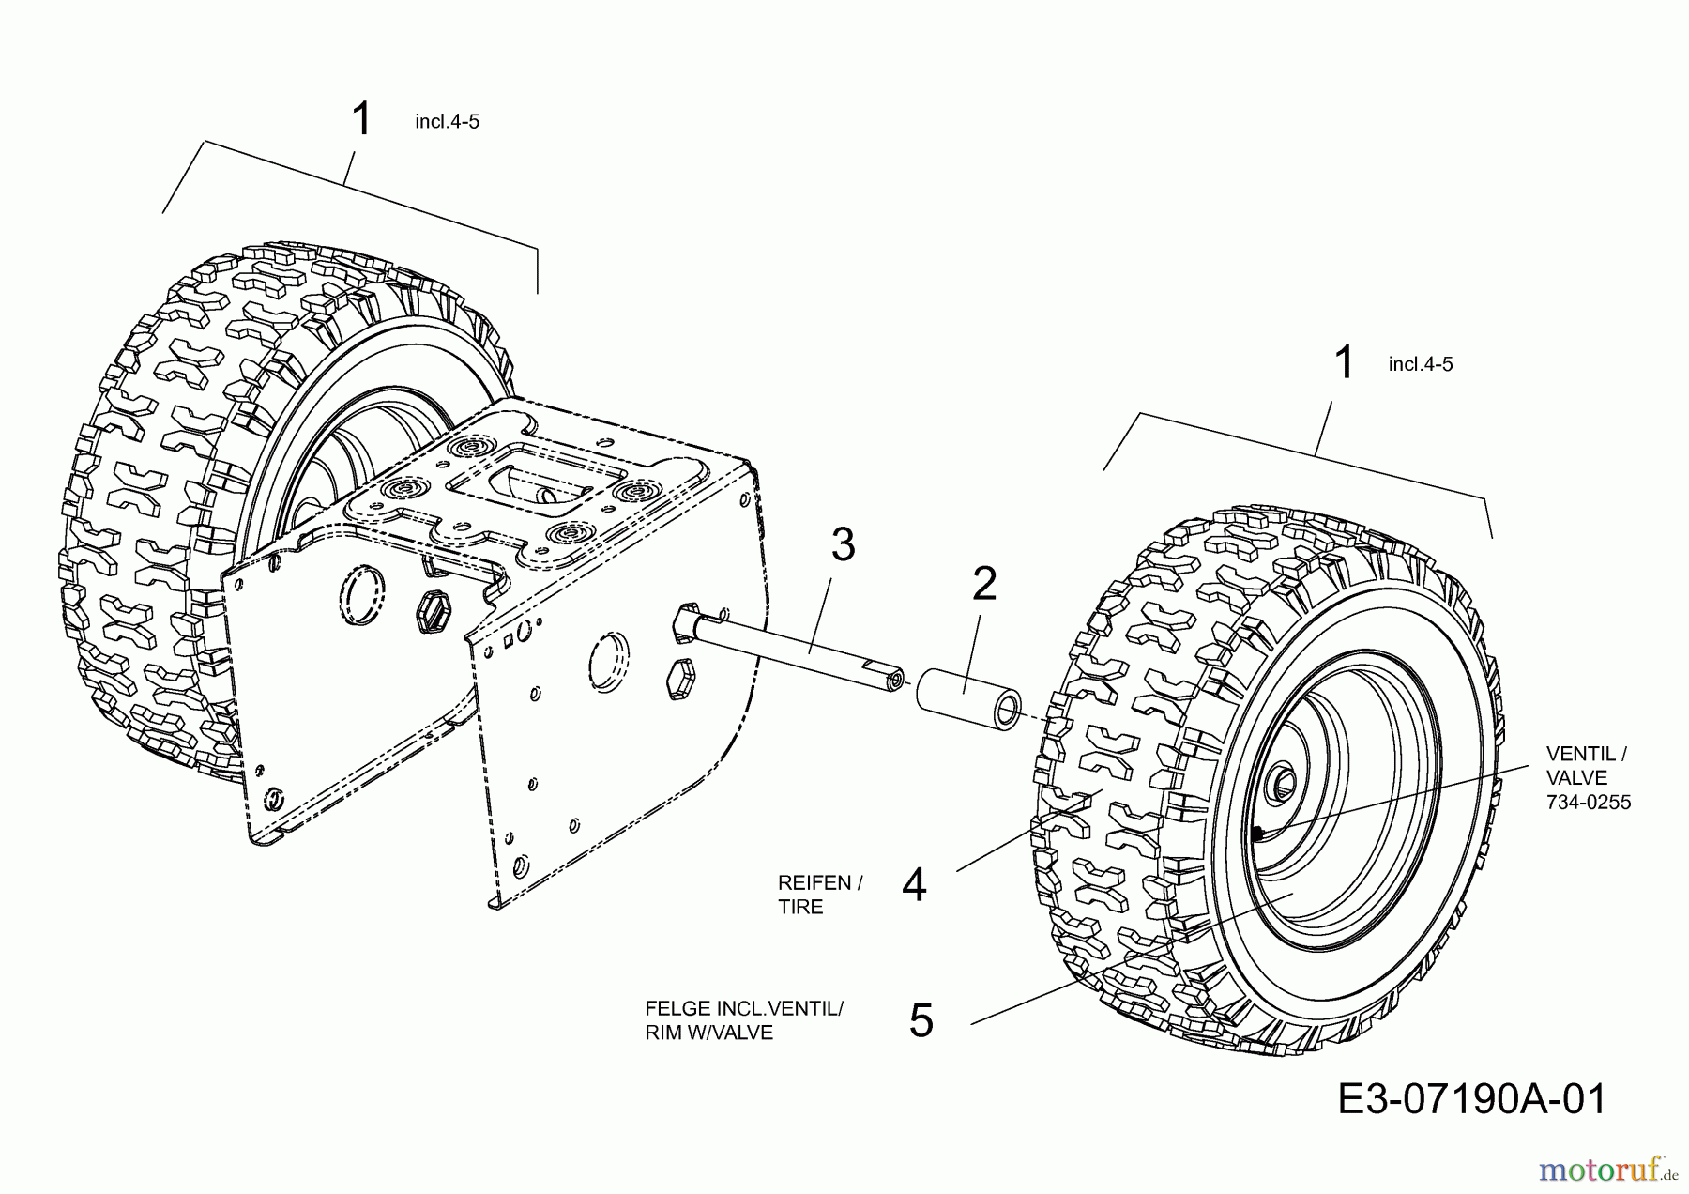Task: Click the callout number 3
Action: click(x=843, y=545)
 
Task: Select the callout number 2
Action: click(x=983, y=584)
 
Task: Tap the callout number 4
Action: click(x=913, y=885)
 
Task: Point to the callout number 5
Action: click(x=921, y=1021)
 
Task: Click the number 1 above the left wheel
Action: click(x=361, y=121)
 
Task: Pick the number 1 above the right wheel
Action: click(x=1344, y=363)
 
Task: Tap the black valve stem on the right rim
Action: click(x=1257, y=833)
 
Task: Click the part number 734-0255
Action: click(x=1589, y=803)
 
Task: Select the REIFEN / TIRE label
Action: click(x=819, y=895)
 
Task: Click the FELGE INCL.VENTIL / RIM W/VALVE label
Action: click(x=743, y=1020)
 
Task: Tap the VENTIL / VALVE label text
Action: click(x=1586, y=765)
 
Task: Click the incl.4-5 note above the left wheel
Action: click(x=447, y=122)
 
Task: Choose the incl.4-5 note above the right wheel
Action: click(x=1420, y=364)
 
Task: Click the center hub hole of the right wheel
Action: click(x=1282, y=781)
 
